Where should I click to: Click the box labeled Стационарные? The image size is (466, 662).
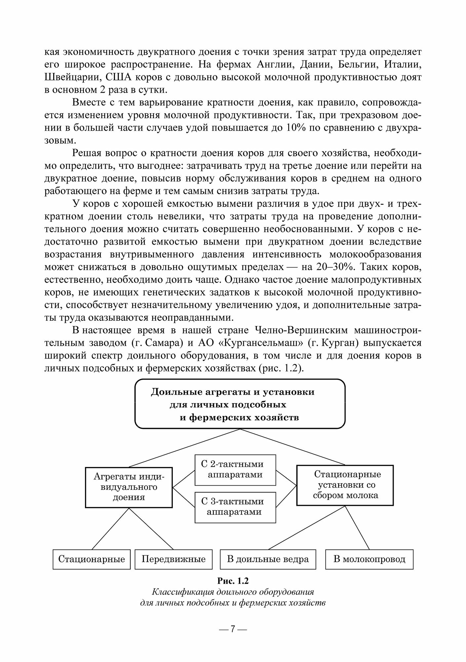click(92, 559)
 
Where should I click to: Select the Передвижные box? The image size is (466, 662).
click(174, 559)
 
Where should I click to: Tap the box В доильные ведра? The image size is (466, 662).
click(268, 559)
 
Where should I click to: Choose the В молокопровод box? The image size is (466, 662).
click(369, 559)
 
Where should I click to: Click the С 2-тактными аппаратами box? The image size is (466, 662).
click(235, 470)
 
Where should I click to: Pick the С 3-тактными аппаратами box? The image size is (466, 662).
click(235, 507)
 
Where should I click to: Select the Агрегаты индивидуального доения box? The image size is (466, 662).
click(129, 487)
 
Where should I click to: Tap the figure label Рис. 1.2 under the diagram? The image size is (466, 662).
click(233, 581)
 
